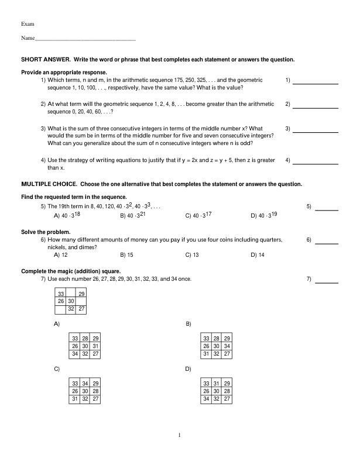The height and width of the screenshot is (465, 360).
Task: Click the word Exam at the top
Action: (x=28, y=23)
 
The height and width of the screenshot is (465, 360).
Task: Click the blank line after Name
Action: (x=85, y=39)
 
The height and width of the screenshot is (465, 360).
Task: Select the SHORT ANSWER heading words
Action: (x=46, y=60)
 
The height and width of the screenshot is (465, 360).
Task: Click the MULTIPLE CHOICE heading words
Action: (x=49, y=184)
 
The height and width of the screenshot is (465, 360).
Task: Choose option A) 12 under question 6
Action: (x=61, y=255)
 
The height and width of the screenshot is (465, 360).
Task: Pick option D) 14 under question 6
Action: (x=258, y=255)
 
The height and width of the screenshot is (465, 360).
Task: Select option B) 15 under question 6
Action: (x=126, y=255)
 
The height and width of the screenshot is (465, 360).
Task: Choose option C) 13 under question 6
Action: (x=192, y=255)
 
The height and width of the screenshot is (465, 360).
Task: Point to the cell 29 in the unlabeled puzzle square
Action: (x=82, y=294)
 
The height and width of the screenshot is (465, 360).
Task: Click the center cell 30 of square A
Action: (x=85, y=346)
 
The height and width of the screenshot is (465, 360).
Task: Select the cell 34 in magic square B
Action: (x=227, y=346)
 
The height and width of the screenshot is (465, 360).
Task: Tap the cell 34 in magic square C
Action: (x=85, y=383)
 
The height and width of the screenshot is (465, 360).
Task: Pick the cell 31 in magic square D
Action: (x=217, y=383)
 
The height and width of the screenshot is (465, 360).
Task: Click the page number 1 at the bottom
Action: (x=180, y=435)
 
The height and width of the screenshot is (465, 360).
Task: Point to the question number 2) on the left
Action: (x=43, y=104)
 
